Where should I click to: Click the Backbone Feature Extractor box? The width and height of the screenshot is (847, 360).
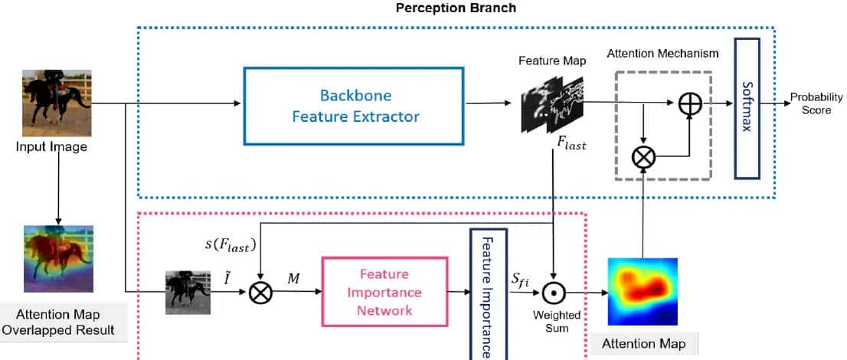[x=353, y=106]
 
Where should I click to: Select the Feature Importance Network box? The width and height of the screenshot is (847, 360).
[x=384, y=292]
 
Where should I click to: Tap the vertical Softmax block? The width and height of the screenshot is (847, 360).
[x=746, y=107]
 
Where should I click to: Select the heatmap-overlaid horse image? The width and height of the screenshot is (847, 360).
[x=57, y=258]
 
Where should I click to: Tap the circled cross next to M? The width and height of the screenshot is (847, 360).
[x=261, y=292]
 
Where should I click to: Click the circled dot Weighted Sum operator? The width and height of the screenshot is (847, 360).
[x=553, y=292]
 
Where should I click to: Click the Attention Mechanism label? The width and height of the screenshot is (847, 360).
[x=662, y=54]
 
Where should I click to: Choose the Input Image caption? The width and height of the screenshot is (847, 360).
[x=51, y=146]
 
